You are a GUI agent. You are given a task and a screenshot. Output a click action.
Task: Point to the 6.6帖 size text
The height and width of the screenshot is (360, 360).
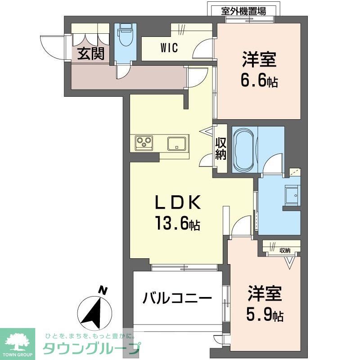point(260,81)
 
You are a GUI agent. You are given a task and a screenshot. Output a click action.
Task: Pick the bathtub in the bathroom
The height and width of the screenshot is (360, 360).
point(244,150)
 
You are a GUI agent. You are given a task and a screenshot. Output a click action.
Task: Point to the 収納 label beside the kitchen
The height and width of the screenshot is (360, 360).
point(220,149)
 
